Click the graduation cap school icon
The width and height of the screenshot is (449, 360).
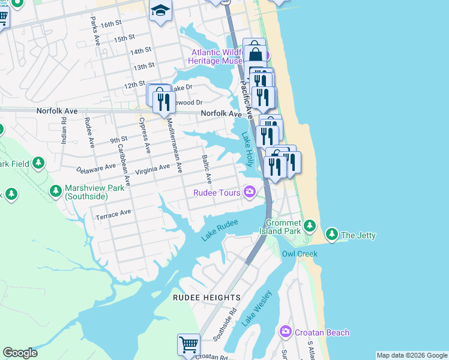point(161,10)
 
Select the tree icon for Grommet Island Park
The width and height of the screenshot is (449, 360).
point(309,226)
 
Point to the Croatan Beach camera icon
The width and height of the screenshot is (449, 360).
point(285,332)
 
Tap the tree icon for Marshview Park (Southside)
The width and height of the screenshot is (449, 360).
point(56,191)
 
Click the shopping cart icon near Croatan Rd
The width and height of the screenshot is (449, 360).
point(188,345)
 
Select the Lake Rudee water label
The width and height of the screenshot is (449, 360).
point(220,230)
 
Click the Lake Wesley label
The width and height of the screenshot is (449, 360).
point(257,308)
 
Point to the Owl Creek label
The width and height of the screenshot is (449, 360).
point(300,254)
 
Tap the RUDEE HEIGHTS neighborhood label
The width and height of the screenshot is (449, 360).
point(206,298)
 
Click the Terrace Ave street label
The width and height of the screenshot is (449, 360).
point(113,212)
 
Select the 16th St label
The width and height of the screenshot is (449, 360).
point(111,25)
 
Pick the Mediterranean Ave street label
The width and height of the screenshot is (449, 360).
point(172,145)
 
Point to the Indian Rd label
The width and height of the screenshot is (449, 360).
point(64,130)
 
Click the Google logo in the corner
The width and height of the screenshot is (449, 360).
point(20,353)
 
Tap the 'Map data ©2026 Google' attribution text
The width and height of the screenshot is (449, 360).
point(411,355)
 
